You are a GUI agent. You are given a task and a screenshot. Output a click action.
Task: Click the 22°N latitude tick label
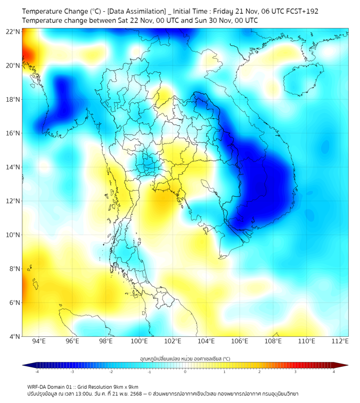(x=13, y=31)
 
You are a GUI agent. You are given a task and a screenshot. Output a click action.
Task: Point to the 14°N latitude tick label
(x=13, y=167)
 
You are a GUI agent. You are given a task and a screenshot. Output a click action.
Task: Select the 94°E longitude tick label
(x=39, y=341)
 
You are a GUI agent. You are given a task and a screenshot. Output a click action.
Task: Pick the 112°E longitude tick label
(x=339, y=341)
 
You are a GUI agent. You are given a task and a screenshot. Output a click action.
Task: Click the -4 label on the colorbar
(x=37, y=372)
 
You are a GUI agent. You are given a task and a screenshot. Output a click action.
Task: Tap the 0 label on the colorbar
(x=185, y=372)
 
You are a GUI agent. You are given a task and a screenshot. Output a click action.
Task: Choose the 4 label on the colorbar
(x=334, y=372)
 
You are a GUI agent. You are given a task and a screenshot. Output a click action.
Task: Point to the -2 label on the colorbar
(x=111, y=372)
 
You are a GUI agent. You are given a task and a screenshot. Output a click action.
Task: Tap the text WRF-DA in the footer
(x=38, y=386)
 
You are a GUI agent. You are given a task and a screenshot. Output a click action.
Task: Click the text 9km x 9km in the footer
(x=125, y=386)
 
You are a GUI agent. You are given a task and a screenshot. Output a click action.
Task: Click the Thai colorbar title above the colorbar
(x=185, y=358)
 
